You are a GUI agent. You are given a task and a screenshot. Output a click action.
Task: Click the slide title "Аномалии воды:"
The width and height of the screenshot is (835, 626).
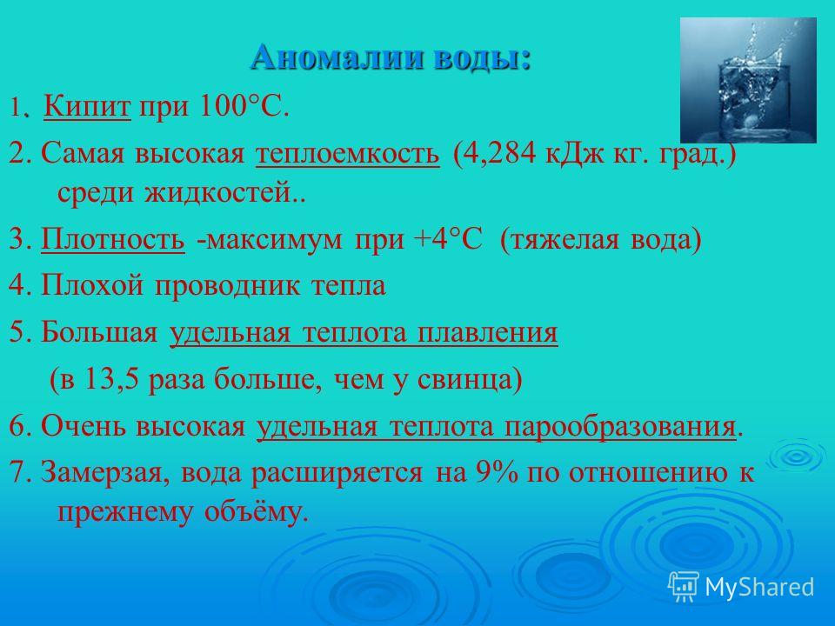(391, 57)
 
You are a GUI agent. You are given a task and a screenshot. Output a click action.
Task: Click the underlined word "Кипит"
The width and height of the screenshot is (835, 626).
(87, 106)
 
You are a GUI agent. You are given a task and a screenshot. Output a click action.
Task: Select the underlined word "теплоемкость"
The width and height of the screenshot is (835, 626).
(348, 153)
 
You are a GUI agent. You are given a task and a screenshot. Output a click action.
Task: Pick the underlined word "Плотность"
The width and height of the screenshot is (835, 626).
(113, 238)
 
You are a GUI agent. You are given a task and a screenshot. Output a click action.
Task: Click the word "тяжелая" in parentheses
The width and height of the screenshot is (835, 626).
(559, 240)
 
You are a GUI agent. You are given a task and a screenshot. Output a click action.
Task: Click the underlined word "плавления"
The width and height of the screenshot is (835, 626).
(487, 333)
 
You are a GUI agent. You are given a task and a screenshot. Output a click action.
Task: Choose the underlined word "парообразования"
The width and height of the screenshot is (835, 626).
(620, 427)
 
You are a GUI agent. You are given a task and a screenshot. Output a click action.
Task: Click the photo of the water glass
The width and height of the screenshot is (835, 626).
(748, 80)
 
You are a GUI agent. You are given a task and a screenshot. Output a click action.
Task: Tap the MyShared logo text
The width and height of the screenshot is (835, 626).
(759, 587)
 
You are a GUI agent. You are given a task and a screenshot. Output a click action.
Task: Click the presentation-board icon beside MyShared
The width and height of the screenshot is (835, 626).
(684, 586)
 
